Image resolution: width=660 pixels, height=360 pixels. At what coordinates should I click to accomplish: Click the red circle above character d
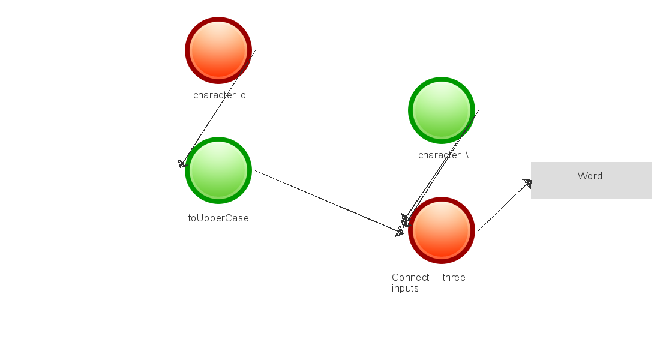tap(218, 50)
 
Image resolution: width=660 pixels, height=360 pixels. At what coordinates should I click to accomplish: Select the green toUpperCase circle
tap(218, 170)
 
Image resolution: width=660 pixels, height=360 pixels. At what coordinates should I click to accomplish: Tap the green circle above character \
tap(442, 110)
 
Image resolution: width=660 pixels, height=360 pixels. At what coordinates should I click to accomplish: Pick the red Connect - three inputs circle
tap(442, 230)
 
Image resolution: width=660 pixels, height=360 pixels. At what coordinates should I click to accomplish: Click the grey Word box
tap(591, 180)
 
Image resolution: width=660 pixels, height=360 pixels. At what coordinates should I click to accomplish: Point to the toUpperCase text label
tap(218, 218)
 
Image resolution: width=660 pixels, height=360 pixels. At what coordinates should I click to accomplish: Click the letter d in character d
tap(243, 95)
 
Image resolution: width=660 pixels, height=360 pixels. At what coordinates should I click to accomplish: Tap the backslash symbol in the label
tap(467, 155)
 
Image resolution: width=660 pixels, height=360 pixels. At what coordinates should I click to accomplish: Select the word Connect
tap(410, 278)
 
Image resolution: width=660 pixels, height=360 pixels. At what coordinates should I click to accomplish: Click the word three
tap(454, 278)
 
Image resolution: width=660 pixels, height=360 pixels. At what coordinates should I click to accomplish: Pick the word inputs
tap(405, 289)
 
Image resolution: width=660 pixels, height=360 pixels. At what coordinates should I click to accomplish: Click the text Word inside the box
tap(590, 176)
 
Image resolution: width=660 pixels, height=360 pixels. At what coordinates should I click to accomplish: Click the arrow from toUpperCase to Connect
tap(327, 202)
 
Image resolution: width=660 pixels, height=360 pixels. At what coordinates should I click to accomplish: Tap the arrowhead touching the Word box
tap(527, 183)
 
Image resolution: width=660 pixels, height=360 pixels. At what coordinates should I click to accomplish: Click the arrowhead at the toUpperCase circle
tap(183, 164)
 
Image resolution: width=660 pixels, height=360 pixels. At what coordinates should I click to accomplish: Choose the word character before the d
tap(214, 95)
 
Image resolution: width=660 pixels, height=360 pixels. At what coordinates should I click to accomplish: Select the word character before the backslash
tap(439, 155)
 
